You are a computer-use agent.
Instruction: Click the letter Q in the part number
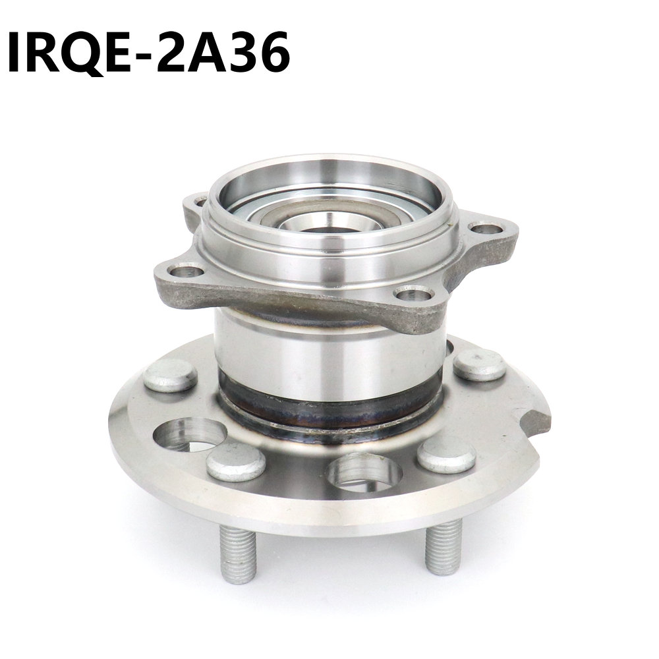(84, 53)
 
